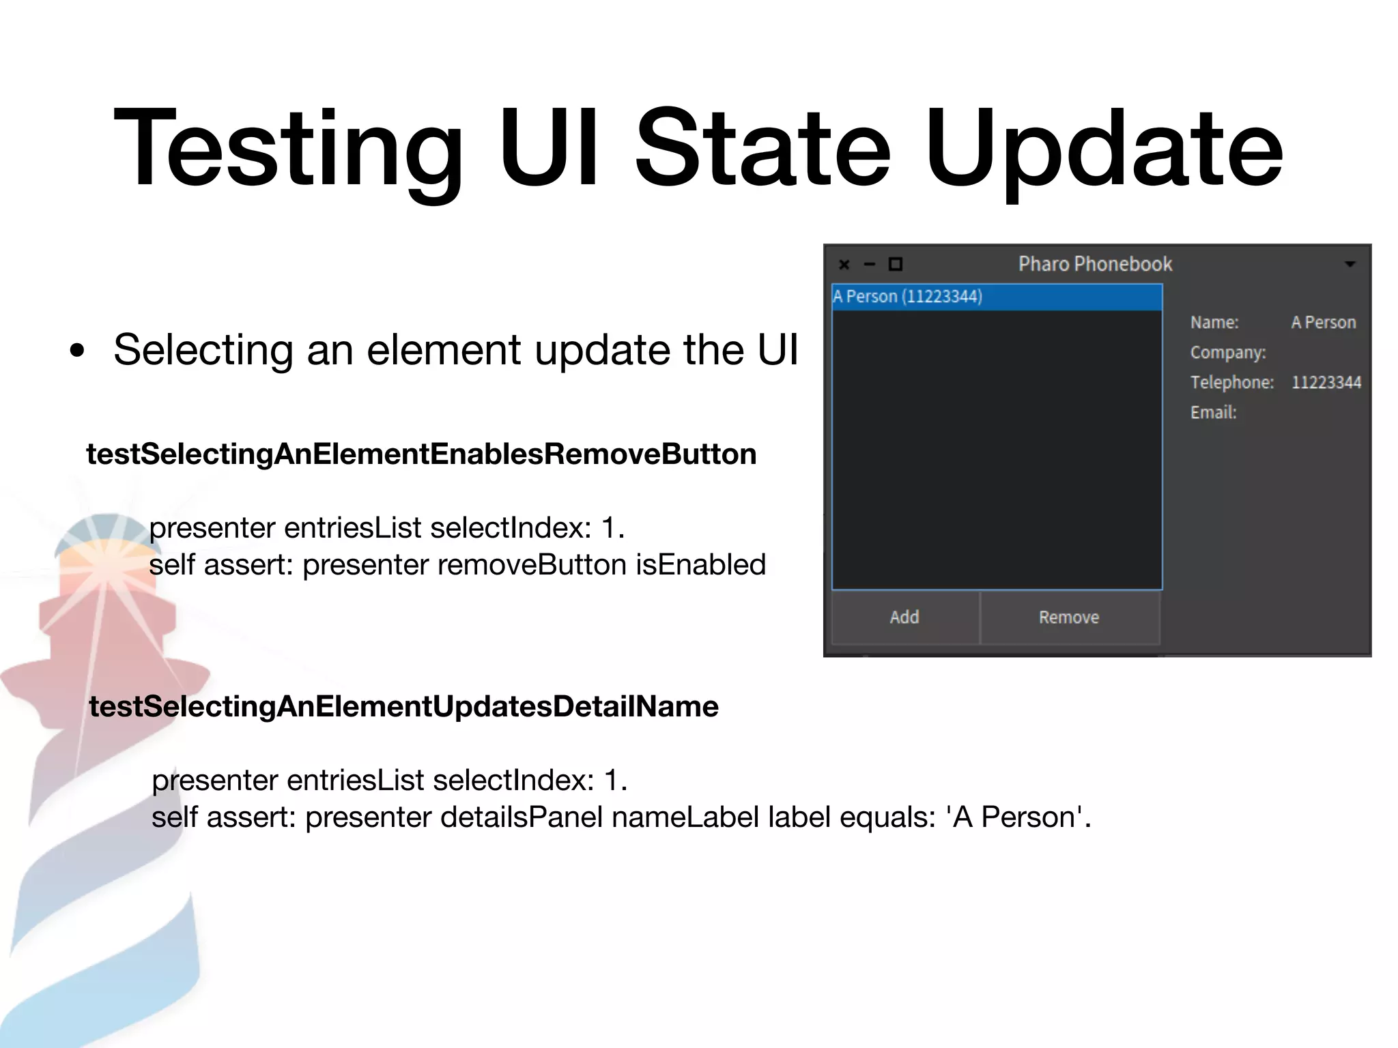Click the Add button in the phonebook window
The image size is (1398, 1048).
(904, 617)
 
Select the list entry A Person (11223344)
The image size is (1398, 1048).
(908, 297)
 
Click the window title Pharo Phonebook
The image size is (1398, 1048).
(1095, 264)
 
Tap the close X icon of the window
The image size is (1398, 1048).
(844, 265)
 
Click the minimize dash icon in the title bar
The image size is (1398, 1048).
(870, 265)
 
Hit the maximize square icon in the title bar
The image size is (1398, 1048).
(896, 264)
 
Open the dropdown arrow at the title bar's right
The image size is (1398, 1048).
(1350, 264)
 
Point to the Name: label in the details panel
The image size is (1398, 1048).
(1214, 322)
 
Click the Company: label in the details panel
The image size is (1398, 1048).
(1228, 352)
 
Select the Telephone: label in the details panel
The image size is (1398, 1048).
(1232, 382)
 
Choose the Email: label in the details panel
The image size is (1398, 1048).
(1214, 412)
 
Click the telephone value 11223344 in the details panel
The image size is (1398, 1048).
(1326, 382)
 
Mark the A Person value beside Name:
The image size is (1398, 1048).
(1324, 322)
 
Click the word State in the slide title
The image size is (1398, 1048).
(763, 148)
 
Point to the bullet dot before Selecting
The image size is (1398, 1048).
(78, 351)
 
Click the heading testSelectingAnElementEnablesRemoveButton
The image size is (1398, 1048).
(421, 454)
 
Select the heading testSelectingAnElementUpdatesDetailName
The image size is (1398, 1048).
(403, 707)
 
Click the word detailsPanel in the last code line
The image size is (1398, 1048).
(522, 817)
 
